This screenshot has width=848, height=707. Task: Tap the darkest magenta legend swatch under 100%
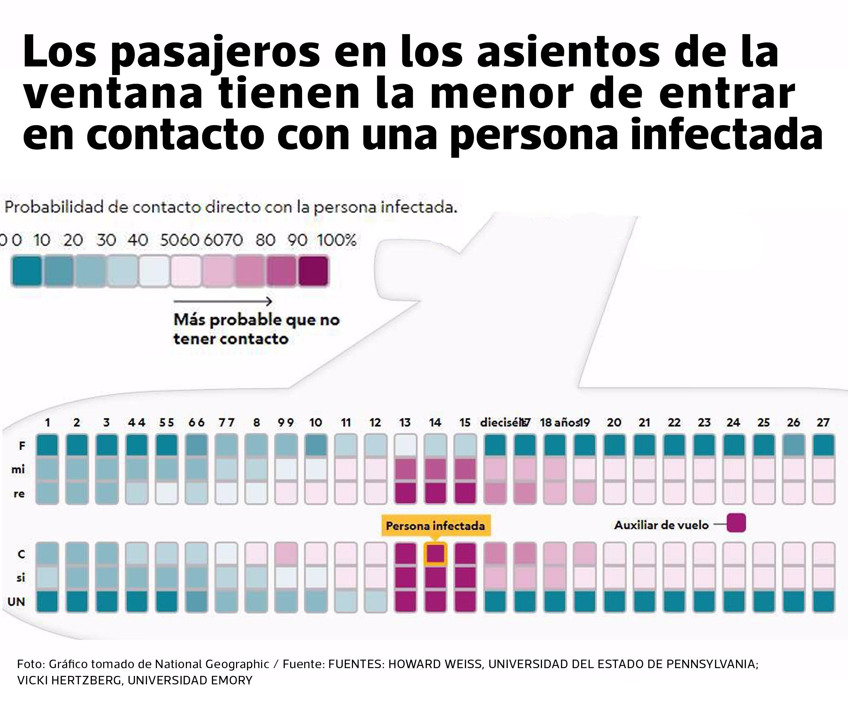(x=313, y=271)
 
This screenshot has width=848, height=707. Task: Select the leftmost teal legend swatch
(x=26, y=271)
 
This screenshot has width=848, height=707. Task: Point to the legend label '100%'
(x=337, y=240)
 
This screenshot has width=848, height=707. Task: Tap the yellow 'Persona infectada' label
(x=435, y=526)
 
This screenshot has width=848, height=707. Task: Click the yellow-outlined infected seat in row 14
(x=435, y=554)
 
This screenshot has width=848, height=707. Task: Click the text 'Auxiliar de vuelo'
(x=661, y=525)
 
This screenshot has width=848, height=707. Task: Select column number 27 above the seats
(x=823, y=422)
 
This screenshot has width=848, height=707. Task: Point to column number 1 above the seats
(x=47, y=422)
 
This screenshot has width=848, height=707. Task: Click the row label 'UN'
(x=16, y=602)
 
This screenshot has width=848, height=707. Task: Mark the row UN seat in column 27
(x=823, y=601)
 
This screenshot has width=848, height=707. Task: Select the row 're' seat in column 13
(x=405, y=493)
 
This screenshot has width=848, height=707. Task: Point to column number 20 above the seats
(x=614, y=422)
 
